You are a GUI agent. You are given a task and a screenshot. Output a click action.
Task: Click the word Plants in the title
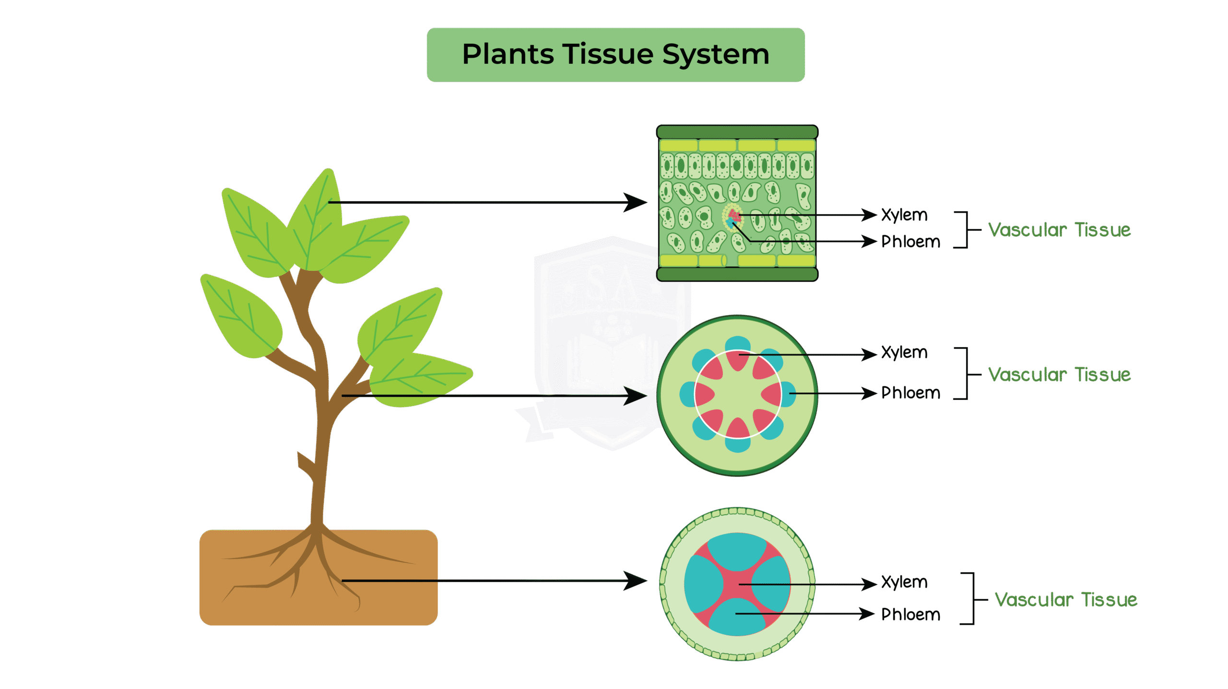click(508, 54)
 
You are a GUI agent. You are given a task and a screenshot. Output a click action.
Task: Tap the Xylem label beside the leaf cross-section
click(904, 215)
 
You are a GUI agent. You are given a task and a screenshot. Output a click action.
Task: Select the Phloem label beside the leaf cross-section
click(910, 242)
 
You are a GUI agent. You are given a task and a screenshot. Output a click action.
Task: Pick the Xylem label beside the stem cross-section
click(904, 353)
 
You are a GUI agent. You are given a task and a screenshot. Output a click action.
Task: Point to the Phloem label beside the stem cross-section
click(910, 393)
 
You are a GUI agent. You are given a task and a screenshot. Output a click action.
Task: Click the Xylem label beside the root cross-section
click(904, 582)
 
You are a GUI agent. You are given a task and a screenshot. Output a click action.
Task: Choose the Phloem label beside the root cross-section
click(910, 615)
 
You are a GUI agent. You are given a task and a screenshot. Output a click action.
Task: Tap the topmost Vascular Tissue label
click(1059, 230)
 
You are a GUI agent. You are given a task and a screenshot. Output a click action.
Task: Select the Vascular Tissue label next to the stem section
click(1059, 375)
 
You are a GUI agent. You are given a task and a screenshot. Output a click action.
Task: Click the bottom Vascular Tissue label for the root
click(1065, 600)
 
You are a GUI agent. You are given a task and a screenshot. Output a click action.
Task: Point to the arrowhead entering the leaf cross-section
click(637, 203)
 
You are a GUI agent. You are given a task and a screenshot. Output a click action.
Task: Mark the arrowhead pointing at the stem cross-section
click(637, 396)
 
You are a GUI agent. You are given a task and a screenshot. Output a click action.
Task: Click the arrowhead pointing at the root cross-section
click(637, 581)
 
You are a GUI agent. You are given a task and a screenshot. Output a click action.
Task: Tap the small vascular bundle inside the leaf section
click(732, 218)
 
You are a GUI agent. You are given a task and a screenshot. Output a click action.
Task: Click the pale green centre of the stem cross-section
click(738, 395)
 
